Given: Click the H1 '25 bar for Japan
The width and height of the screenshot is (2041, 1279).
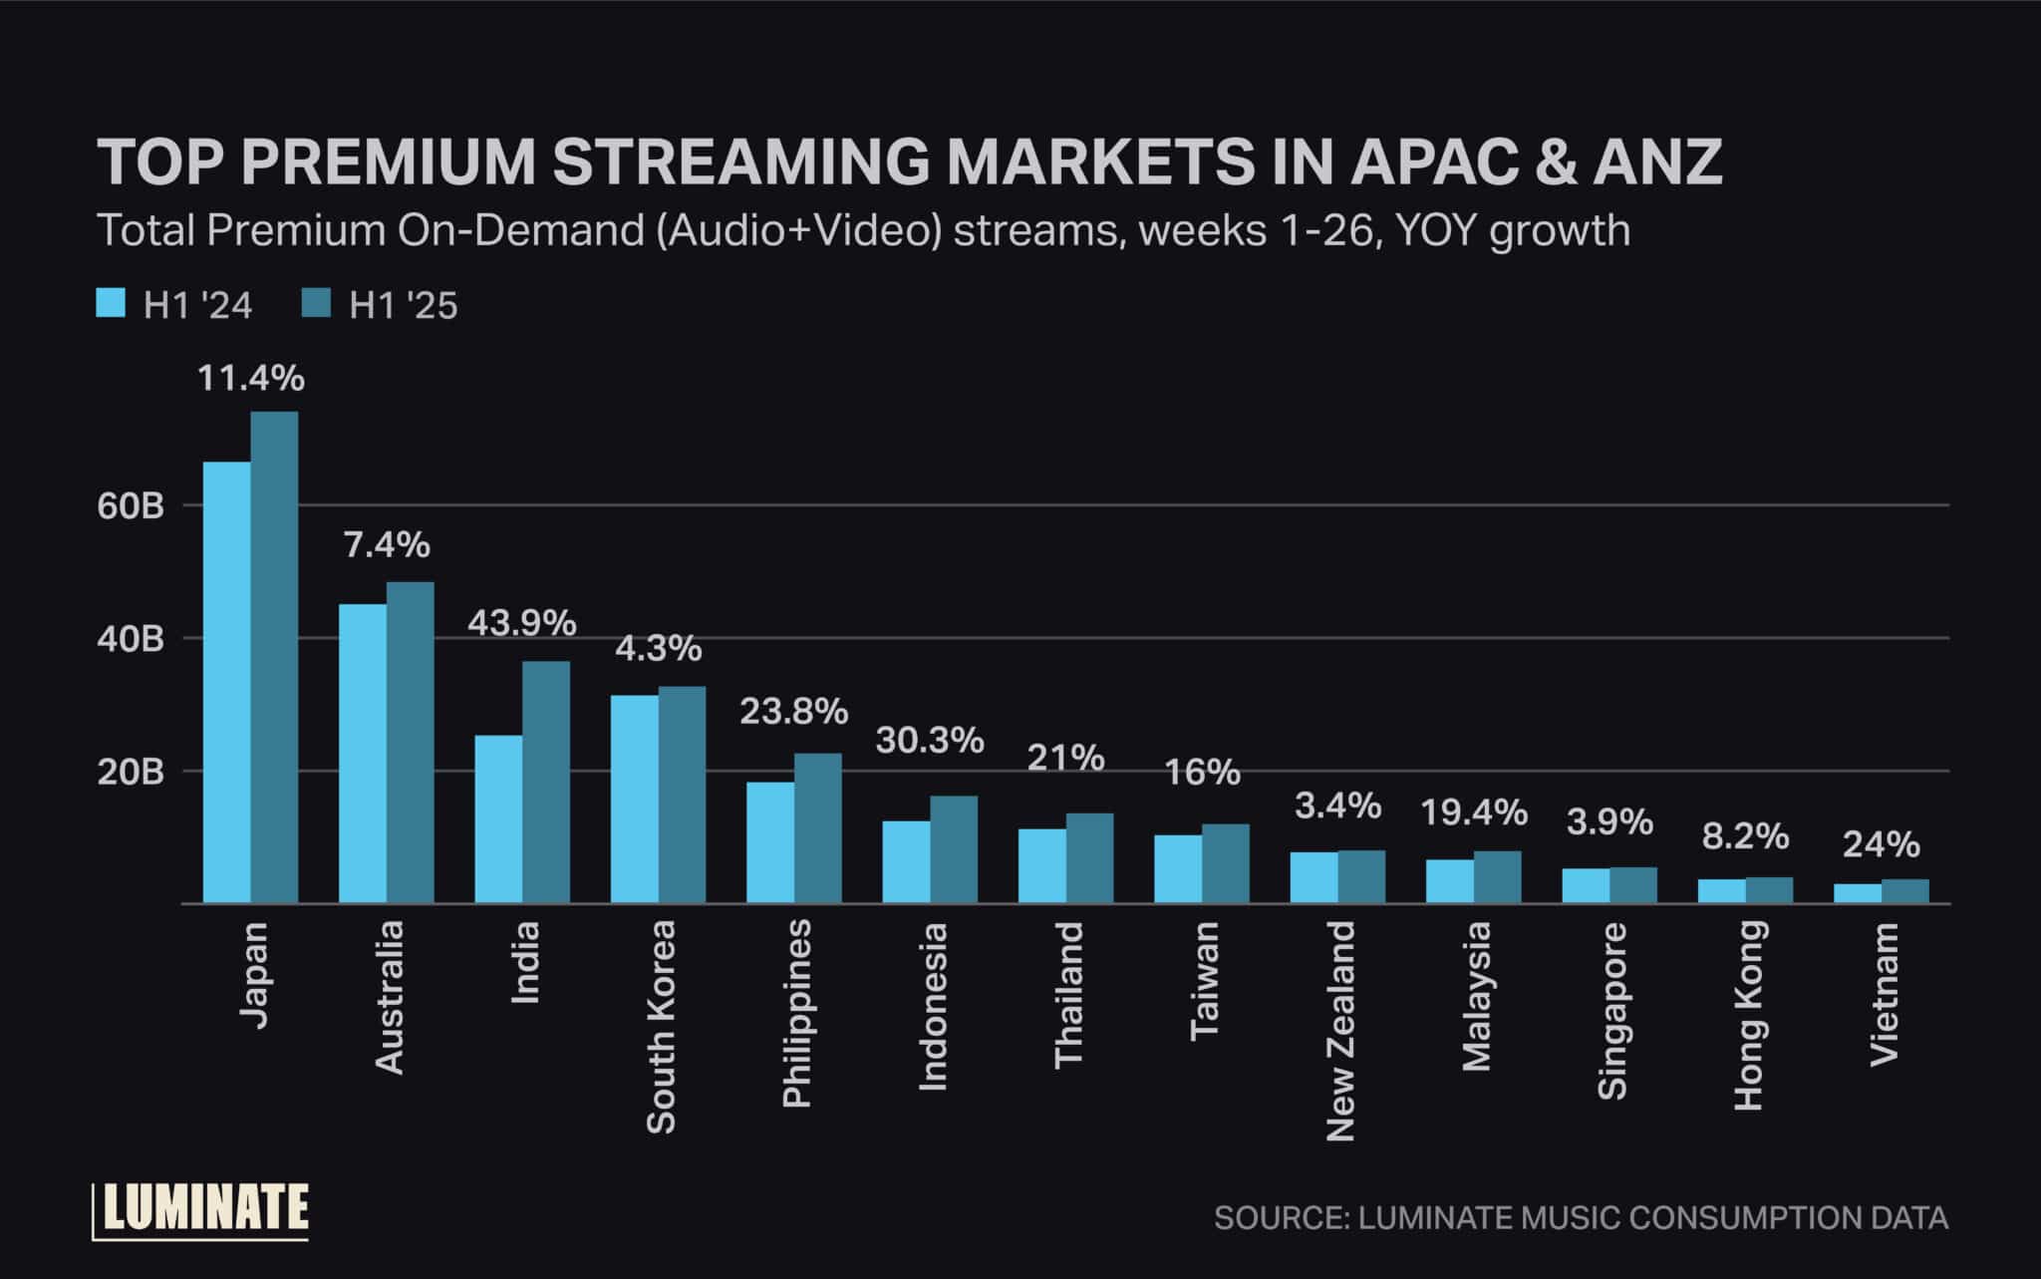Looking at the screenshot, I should click(274, 658).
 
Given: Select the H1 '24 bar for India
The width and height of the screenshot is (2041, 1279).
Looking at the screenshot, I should click(498, 819).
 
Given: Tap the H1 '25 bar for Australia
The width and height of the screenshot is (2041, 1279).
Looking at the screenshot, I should click(411, 743).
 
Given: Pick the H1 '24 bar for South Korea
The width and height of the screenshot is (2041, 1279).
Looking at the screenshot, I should click(635, 799).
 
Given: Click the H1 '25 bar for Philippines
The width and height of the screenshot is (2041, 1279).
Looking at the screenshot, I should click(818, 828).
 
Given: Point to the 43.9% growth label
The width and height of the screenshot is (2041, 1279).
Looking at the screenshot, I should click(522, 624).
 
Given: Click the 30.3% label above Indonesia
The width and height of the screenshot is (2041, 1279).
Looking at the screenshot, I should click(930, 741).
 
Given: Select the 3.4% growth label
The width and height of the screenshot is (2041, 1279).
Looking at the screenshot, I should click(1337, 805).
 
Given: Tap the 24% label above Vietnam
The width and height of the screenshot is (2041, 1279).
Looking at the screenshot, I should click(1881, 845).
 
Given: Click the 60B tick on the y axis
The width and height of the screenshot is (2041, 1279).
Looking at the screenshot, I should click(131, 506).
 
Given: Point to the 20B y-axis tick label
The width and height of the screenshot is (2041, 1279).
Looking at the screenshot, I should click(131, 773).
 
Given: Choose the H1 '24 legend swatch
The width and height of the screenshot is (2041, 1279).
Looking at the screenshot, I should click(111, 303).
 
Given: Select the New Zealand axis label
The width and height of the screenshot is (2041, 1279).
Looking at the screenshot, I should click(1340, 1031).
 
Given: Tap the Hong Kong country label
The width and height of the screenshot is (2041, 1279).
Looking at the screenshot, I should click(1749, 1015).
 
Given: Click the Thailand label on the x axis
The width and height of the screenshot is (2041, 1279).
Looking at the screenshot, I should click(1068, 995).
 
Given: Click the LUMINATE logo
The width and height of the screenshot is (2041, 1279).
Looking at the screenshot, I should click(201, 1209).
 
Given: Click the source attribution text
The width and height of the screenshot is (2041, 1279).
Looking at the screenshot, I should click(1581, 1218).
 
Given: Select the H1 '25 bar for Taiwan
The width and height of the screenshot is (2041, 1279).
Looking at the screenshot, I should click(1226, 863).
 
